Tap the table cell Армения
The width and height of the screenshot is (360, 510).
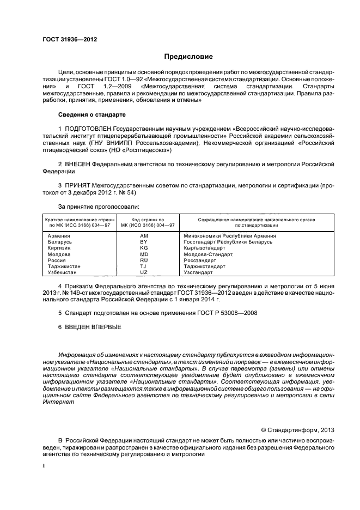point(59,235)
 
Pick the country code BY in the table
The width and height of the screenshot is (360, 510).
point(144,241)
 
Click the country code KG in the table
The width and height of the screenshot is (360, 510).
point(144,247)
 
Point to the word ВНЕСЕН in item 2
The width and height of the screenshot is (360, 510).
point(79,163)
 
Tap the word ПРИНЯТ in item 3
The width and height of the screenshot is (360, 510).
point(80,185)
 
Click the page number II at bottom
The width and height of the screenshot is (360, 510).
point(44,467)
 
